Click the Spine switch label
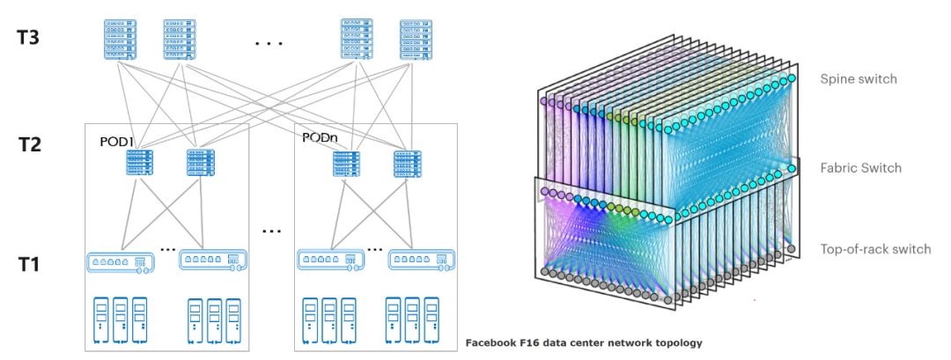click(x=858, y=79)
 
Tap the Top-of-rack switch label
click(x=874, y=249)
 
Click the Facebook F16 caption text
click(x=583, y=342)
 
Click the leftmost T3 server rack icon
click(x=112, y=40)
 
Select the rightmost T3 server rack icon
click(x=417, y=40)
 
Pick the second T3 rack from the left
click(x=179, y=40)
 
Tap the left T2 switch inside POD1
click(x=138, y=162)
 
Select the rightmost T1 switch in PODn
click(x=423, y=261)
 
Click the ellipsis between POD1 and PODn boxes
click(x=271, y=231)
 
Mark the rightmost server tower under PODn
click(x=431, y=320)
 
